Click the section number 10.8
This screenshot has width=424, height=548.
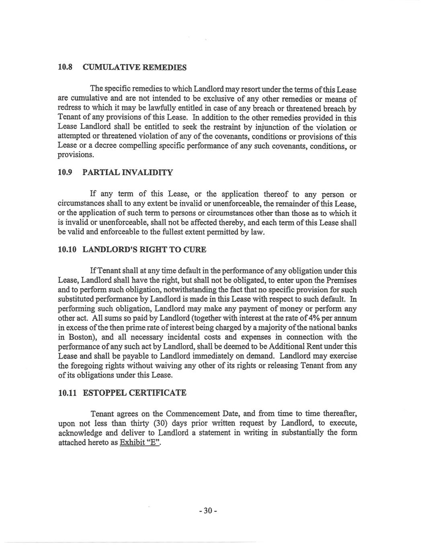click(65, 67)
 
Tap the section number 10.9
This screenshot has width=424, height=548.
click(65, 173)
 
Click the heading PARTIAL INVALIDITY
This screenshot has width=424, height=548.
click(127, 173)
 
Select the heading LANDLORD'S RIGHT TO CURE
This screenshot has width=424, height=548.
click(144, 250)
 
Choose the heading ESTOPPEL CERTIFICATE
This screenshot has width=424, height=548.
click(134, 393)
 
